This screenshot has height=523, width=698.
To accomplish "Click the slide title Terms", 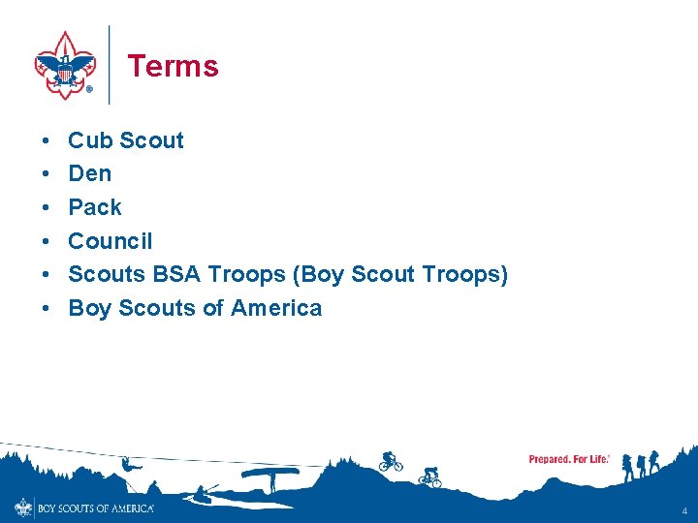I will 173,66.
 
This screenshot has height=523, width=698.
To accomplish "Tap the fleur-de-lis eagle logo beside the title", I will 64,65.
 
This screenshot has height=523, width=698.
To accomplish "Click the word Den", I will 89,174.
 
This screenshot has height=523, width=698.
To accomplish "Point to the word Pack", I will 95,207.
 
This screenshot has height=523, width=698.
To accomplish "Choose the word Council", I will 111,241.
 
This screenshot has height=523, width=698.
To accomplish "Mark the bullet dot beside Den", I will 47,174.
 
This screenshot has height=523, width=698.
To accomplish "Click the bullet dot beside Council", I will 47,241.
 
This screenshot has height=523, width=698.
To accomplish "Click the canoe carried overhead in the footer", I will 270,473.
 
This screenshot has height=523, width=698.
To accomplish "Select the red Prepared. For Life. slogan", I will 569,459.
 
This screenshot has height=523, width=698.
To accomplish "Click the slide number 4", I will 683,510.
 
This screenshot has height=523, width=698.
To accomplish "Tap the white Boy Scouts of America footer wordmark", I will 94,508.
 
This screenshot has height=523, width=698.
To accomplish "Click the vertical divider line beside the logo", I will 110,65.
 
